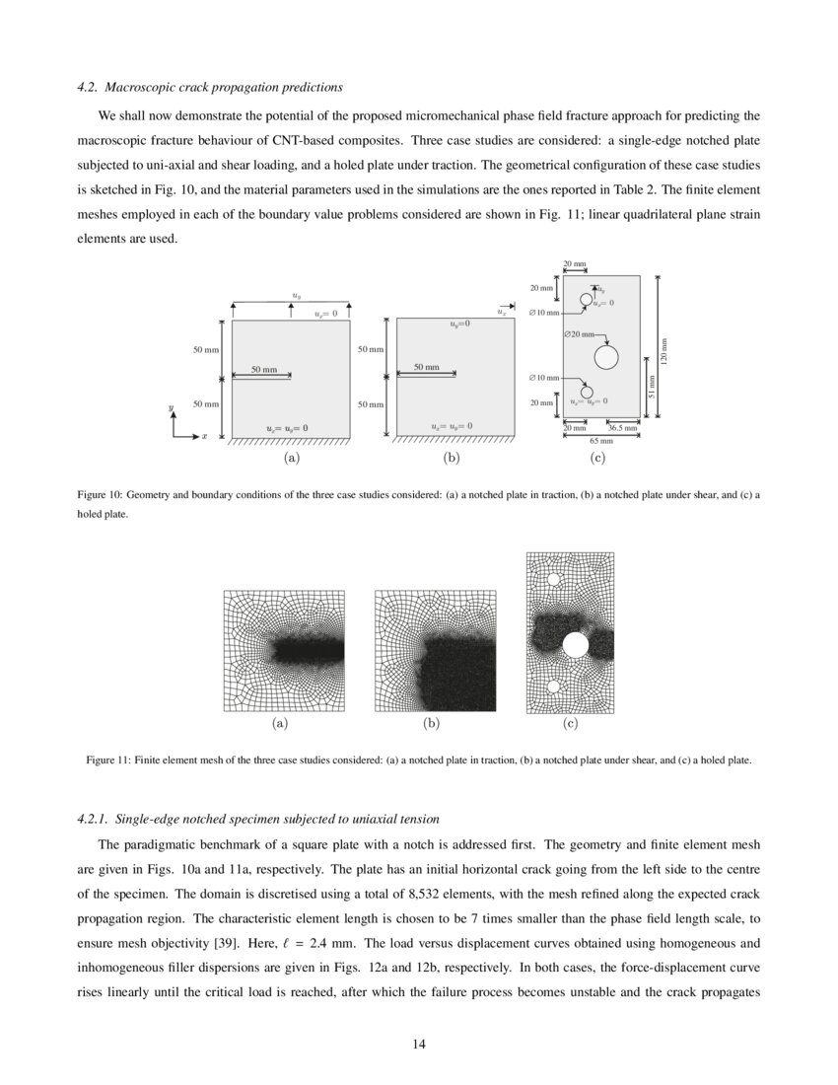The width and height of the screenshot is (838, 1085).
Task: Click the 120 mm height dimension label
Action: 663,349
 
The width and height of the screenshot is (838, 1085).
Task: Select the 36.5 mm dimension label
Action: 623,428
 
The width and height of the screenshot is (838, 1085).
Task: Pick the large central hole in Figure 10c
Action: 605,356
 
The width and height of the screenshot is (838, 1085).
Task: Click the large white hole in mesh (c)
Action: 575,644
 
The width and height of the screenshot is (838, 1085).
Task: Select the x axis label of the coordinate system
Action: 204,435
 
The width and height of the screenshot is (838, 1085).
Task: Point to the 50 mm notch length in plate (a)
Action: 263,369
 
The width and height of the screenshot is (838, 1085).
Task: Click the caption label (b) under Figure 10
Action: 452,458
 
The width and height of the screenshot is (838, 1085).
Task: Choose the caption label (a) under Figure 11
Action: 280,723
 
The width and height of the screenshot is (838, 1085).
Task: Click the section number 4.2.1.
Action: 93,819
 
